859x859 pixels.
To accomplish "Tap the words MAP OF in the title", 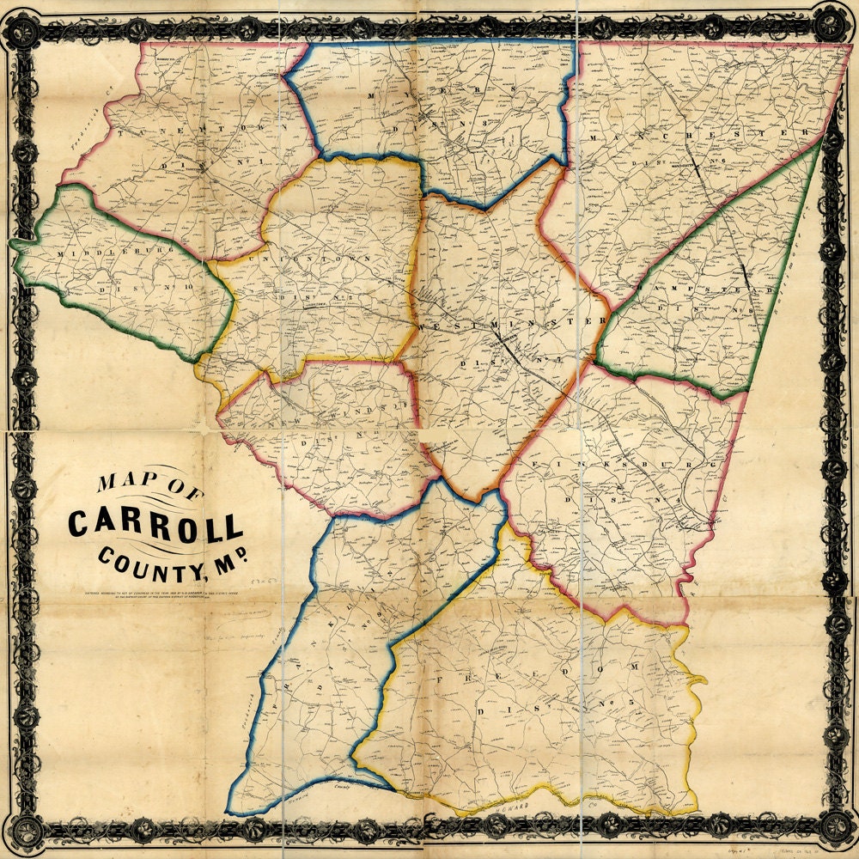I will coord(142,479).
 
